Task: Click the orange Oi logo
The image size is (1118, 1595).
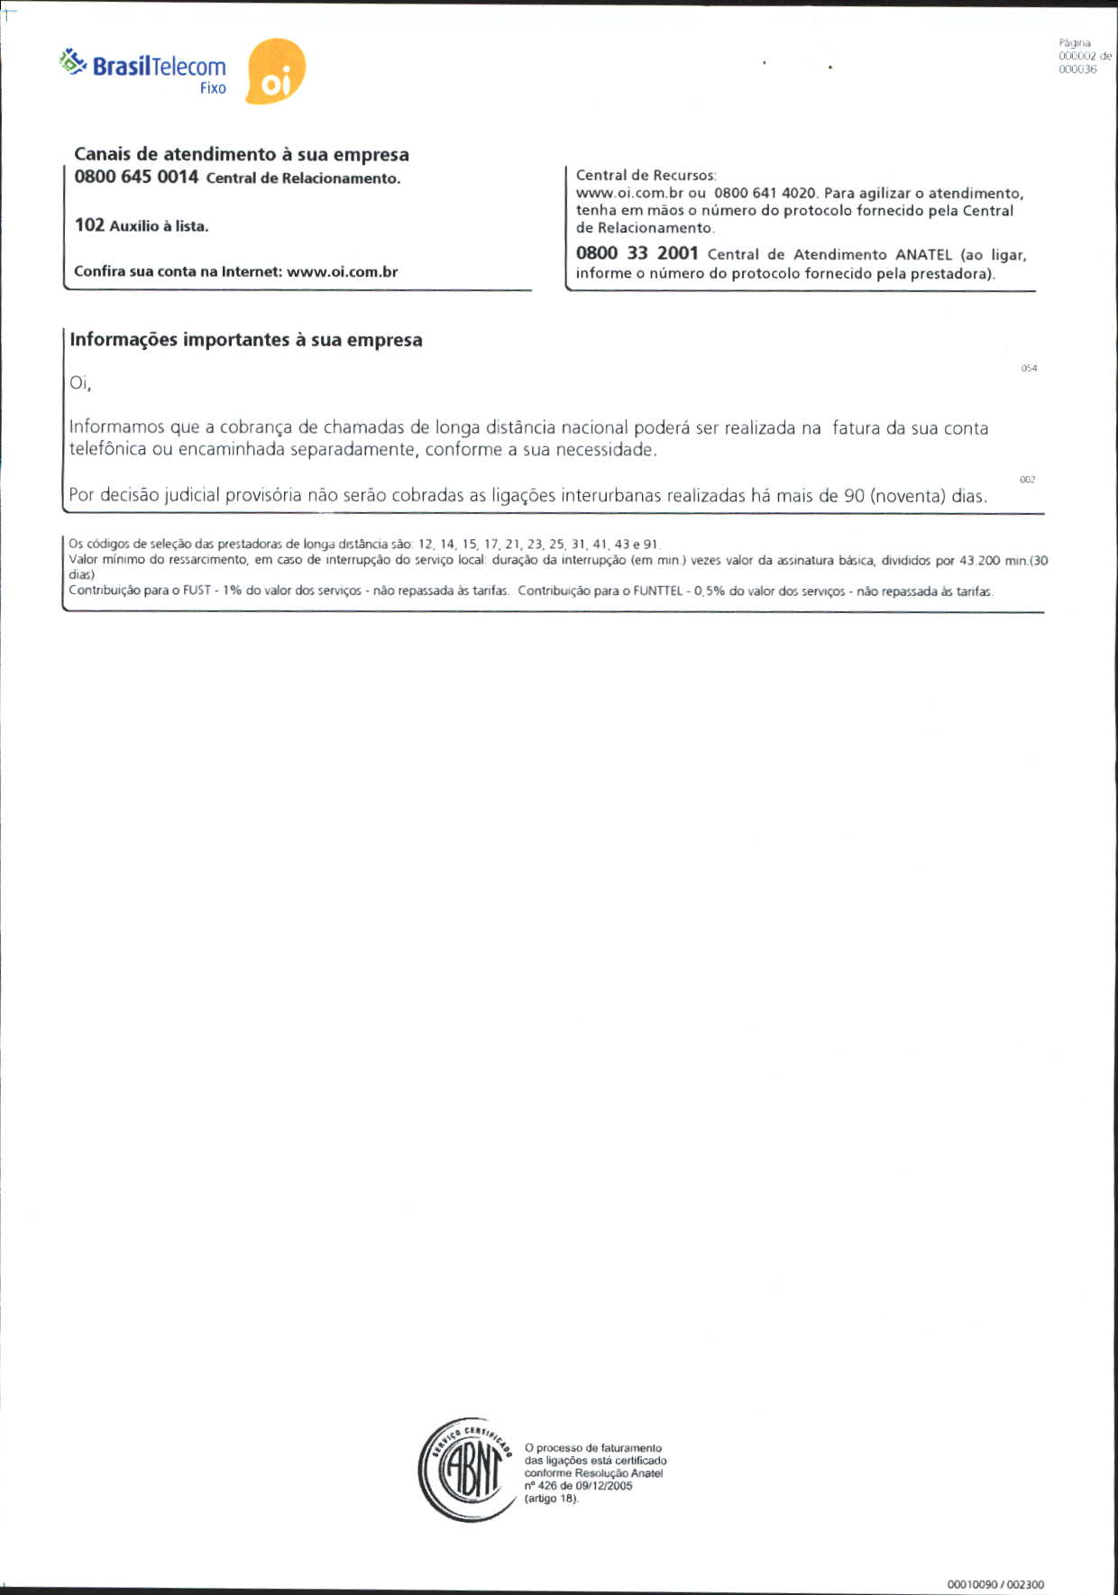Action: coord(275,72)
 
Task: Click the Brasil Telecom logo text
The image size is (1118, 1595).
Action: coord(159,66)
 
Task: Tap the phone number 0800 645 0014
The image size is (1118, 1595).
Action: coord(136,177)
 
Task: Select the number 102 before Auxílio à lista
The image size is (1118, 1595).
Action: coord(89,225)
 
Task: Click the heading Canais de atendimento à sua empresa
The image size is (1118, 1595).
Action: coord(241,154)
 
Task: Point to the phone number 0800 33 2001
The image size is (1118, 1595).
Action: coord(637,253)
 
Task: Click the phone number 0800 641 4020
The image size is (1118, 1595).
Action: coord(765,193)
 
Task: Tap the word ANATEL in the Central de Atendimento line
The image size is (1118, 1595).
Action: coord(923,255)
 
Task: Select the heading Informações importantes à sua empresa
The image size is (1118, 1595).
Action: coord(246,340)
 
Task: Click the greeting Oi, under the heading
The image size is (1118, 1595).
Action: coord(80,383)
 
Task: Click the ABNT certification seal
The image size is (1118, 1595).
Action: coord(464,1469)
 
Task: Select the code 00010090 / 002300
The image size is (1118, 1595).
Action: coord(995,1584)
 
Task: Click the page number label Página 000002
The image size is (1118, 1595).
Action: coord(1081,50)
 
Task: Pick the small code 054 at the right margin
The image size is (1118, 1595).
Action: coord(1029,368)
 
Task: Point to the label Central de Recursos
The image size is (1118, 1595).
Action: coord(646,175)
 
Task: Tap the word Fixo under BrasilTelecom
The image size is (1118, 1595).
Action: coord(213,88)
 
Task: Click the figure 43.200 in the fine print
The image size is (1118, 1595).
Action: coord(979,561)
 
